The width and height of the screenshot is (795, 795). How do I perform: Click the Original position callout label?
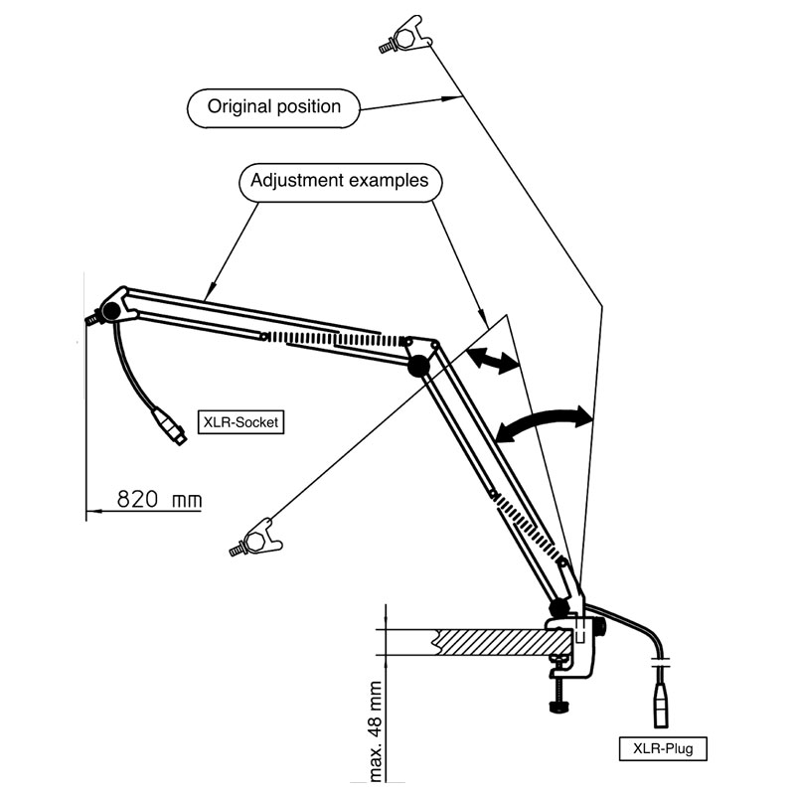[x=274, y=108]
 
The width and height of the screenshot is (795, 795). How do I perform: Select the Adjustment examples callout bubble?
[x=340, y=182]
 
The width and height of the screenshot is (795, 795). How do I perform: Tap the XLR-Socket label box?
[x=240, y=422]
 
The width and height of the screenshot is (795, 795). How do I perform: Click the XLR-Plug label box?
[x=663, y=749]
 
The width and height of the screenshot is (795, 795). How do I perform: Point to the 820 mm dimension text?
[x=159, y=500]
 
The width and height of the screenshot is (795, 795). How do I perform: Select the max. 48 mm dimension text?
[x=376, y=731]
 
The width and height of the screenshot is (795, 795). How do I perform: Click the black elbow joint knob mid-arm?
[x=418, y=366]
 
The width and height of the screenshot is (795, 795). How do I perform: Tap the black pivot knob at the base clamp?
[x=559, y=607]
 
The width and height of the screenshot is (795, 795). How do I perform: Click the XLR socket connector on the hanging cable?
[x=170, y=426]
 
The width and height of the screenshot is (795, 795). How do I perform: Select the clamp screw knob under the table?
[x=559, y=707]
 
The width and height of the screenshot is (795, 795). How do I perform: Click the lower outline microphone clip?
[x=256, y=539]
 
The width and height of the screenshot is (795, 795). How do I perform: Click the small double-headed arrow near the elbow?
[x=492, y=360]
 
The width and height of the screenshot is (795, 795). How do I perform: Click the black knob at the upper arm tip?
[x=110, y=310]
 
